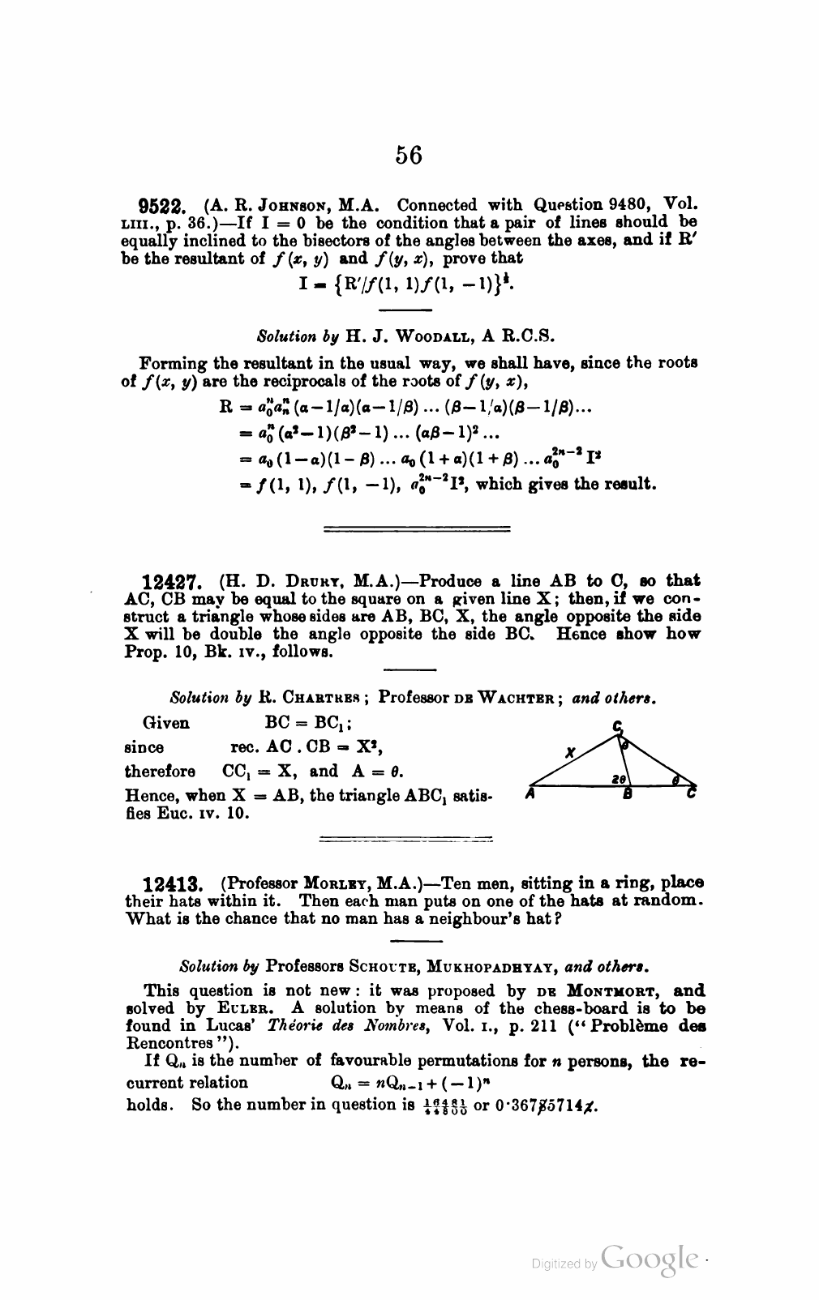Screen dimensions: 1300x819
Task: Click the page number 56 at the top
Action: coord(409,154)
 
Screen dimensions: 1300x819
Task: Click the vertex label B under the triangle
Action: coord(627,795)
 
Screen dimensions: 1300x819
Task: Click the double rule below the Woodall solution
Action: coord(417,529)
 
